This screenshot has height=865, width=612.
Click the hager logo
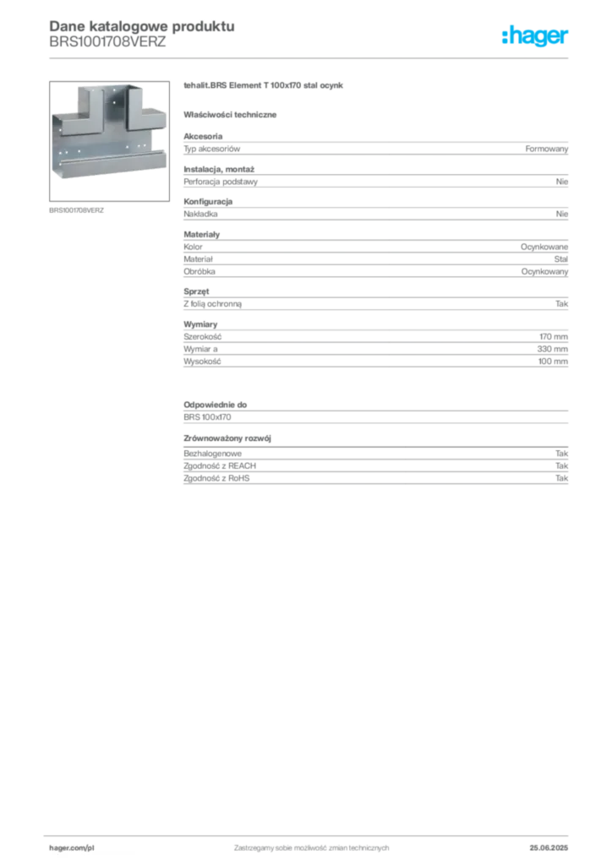coord(534,35)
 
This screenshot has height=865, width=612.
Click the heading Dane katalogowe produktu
coord(142,26)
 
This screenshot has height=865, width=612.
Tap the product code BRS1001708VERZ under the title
coord(107,42)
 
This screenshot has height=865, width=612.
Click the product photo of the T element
coord(109,141)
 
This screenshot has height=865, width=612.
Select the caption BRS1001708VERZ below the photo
coord(76,210)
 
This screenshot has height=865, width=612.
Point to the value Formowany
coord(546,149)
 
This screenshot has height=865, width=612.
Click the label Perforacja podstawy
coord(221,182)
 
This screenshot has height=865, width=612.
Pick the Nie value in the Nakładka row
coord(562,214)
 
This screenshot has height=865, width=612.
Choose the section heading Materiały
coord(201,235)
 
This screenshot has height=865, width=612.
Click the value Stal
coord(560,258)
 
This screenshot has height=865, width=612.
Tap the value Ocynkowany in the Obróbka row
coord(544,271)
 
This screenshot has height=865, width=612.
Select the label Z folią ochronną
coord(212,304)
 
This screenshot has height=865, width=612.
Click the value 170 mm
coord(554,336)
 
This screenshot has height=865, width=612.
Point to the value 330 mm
coord(552,349)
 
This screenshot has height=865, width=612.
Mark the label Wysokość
coord(202,362)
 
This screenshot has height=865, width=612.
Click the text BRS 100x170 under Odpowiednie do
coord(207,417)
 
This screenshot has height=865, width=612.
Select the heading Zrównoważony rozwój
coord(227,438)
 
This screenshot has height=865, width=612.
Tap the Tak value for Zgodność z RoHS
coord(561,478)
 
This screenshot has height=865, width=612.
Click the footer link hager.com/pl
coord(72,848)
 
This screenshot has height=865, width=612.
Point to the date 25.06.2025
coord(549,848)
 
